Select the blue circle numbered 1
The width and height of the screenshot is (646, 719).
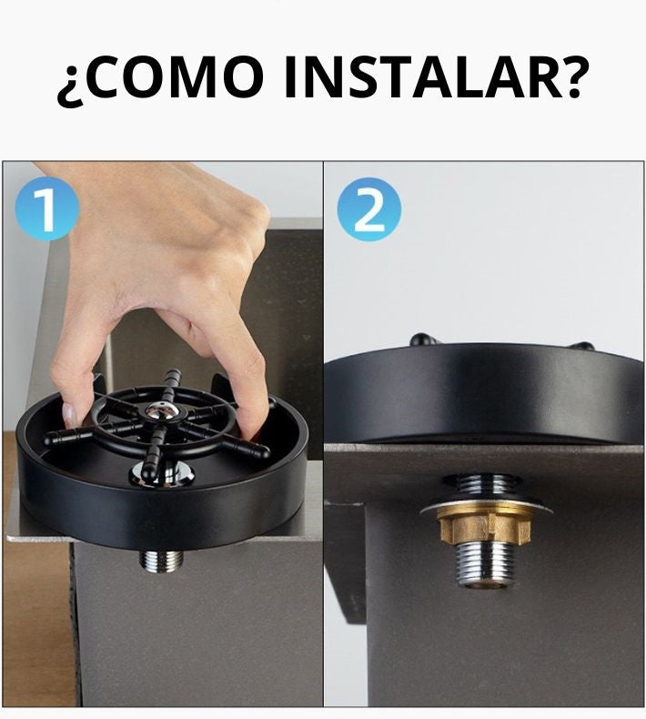46,208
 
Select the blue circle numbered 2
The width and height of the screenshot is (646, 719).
369,209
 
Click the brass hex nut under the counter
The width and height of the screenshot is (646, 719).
484,526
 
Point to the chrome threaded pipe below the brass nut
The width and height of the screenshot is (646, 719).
484,564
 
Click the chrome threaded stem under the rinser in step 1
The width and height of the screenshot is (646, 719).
161,561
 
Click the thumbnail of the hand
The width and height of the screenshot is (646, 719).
69,414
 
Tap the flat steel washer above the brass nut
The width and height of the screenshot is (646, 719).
485,507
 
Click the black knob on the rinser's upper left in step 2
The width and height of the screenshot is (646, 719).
422,339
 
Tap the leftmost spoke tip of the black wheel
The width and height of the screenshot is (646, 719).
49,439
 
